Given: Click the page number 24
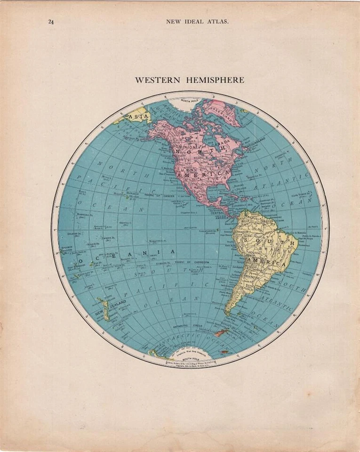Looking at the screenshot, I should pyautogui.click(x=50, y=21).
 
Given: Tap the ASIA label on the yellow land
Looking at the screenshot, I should pyautogui.click(x=138, y=115).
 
